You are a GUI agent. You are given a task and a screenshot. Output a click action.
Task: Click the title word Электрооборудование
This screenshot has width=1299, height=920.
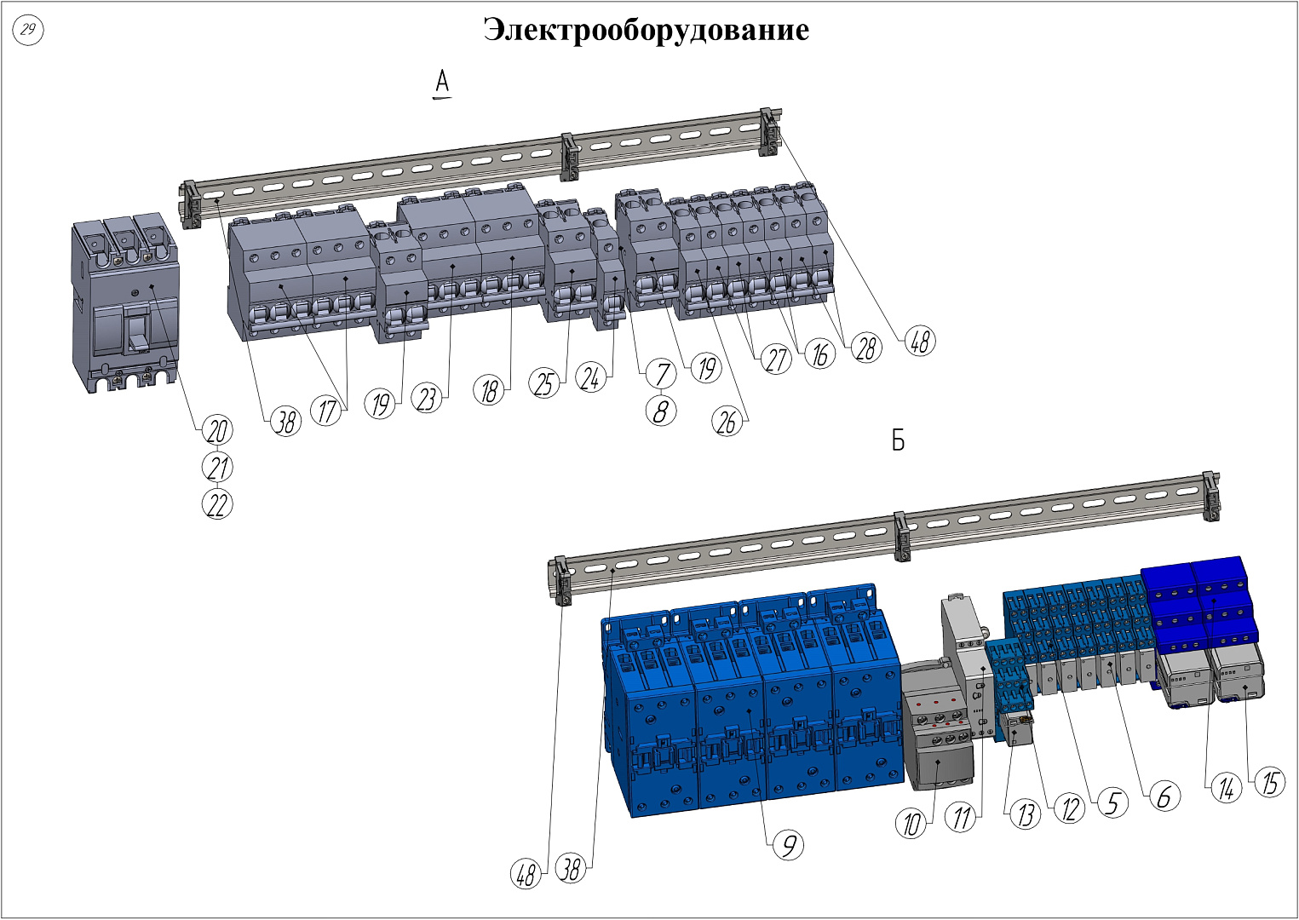click(x=647, y=30)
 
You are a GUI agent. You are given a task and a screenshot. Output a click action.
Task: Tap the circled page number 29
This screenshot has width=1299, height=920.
click(x=29, y=31)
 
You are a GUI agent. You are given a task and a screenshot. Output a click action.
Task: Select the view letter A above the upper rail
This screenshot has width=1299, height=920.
click(x=442, y=83)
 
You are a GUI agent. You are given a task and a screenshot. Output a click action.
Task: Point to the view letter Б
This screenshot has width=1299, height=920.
click(x=898, y=440)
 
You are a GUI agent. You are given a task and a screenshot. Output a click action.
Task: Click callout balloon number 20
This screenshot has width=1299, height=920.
click(x=217, y=430)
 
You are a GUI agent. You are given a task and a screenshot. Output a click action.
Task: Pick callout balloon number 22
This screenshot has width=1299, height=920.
click(x=217, y=504)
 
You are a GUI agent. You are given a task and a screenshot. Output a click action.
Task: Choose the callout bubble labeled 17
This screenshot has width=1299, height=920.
click(x=328, y=411)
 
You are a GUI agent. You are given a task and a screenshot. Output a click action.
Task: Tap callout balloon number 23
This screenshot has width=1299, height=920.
click(x=426, y=398)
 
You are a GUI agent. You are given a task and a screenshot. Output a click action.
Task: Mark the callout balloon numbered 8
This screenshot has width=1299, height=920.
click(x=661, y=411)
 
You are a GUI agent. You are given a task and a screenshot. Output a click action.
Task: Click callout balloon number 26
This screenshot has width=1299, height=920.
click(x=727, y=422)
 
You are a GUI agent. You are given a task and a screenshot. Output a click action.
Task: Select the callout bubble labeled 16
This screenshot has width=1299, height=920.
click(x=819, y=354)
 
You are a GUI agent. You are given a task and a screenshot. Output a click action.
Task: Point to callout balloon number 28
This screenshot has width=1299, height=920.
click(x=866, y=348)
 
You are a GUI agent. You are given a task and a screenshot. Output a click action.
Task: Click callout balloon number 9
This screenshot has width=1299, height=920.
click(x=789, y=845)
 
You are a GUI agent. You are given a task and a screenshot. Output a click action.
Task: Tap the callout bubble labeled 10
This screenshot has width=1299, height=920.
click(x=912, y=824)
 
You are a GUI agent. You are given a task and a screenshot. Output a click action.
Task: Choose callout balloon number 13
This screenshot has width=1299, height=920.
click(x=1026, y=814)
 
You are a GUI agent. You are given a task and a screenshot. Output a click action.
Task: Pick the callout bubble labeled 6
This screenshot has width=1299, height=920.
click(x=1164, y=796)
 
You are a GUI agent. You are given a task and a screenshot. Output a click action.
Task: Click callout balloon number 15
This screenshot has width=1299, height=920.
click(x=1269, y=783)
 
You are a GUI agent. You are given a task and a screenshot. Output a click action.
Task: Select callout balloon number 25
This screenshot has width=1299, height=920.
click(x=544, y=383)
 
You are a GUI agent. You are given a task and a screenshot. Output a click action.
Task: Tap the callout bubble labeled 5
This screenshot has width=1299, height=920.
click(x=1112, y=802)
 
